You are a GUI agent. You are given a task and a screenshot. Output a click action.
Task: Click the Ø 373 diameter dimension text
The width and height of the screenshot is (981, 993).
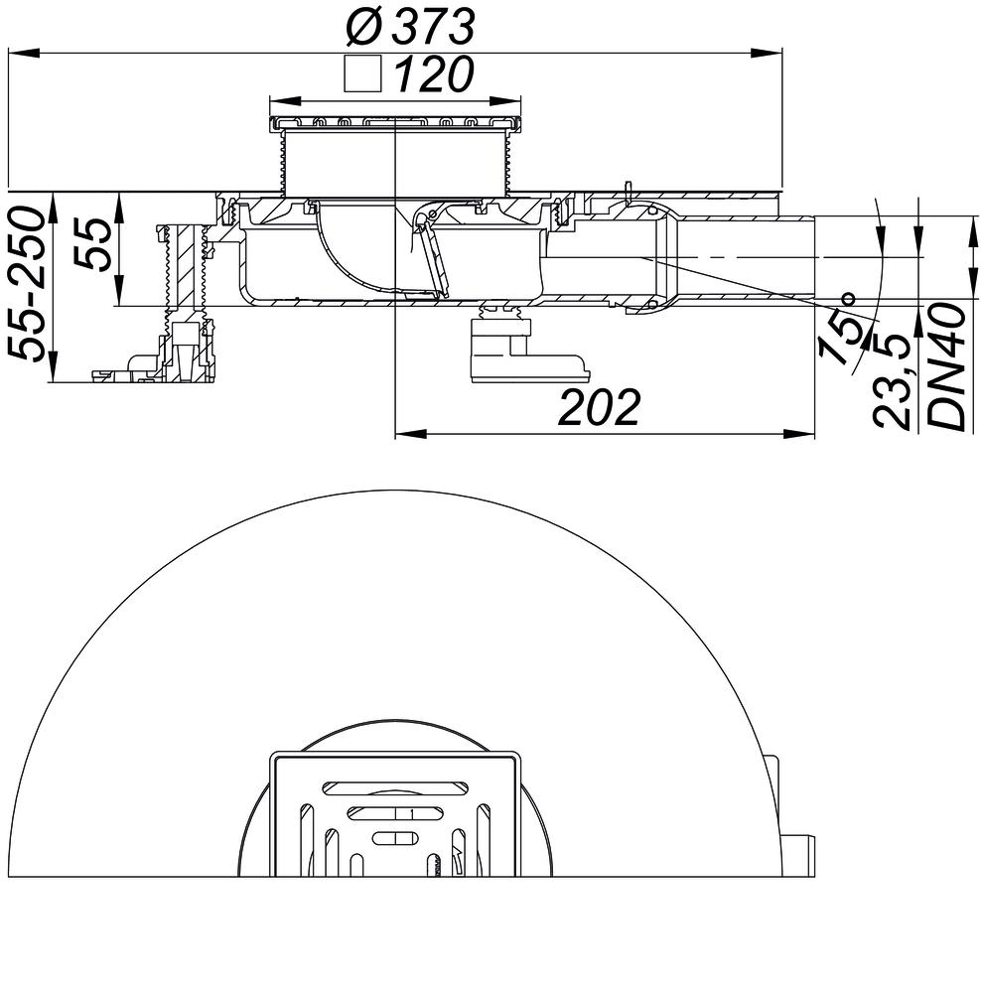[x=410, y=27]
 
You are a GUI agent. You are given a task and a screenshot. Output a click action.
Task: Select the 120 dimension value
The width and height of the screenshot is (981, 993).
[x=433, y=75]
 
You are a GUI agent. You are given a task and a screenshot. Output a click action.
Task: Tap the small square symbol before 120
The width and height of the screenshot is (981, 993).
[x=362, y=75]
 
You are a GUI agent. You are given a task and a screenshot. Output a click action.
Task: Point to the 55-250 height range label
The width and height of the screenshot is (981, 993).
[x=29, y=284]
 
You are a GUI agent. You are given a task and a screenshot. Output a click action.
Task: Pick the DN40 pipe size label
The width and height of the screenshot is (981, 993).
[x=949, y=367]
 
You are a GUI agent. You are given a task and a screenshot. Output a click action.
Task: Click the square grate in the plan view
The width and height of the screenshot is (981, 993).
[x=395, y=814]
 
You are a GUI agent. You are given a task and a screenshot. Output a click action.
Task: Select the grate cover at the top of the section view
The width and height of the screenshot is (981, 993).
[x=395, y=123]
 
